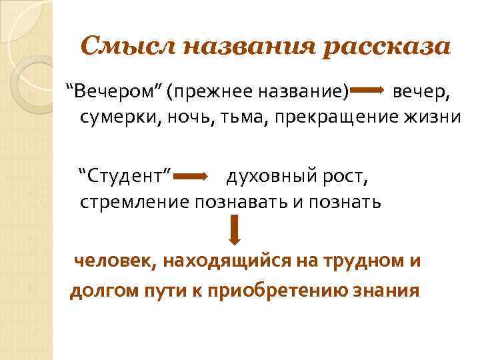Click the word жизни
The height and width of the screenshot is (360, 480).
tap(432, 117)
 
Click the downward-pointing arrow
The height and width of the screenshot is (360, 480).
tap(234, 230)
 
